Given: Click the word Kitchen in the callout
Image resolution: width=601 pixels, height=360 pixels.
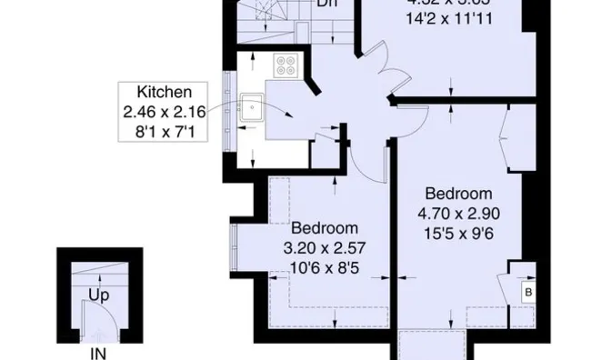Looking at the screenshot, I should [164, 92].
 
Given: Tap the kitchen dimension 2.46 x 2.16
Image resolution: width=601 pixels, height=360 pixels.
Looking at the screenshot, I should [165, 112].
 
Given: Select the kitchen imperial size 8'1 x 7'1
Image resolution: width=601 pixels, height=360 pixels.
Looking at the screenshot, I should [164, 132].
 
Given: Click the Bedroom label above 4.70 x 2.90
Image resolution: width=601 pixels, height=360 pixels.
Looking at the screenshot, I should [458, 194].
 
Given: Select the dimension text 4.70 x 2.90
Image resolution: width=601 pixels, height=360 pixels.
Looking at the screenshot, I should [458, 215].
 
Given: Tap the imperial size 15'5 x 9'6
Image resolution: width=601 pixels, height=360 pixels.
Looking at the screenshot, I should [458, 235].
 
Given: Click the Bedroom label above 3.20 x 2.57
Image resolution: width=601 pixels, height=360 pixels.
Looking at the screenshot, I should [324, 227].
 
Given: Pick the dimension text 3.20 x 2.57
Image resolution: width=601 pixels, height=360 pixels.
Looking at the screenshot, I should [324, 247].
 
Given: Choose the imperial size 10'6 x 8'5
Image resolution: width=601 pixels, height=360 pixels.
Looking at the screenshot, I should [324, 267].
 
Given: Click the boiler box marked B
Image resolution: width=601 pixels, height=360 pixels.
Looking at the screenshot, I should [526, 292].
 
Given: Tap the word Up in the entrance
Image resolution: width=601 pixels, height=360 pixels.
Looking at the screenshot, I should [99, 295].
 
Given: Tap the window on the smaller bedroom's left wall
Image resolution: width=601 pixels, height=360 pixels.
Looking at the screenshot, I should [235, 247].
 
